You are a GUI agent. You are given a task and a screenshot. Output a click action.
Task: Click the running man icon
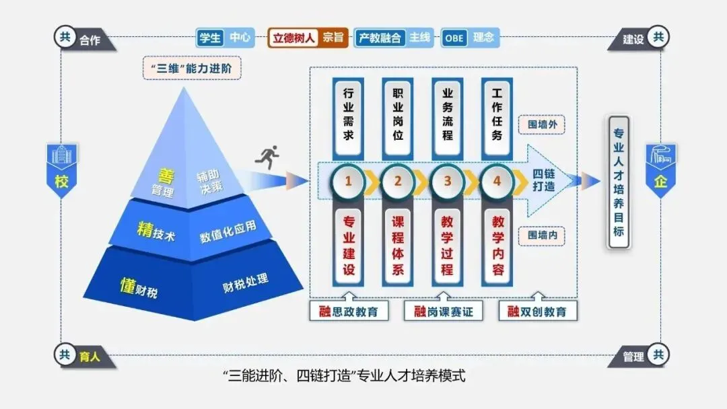coord(267,159)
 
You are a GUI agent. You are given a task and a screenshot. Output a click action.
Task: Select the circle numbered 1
coord(349,181)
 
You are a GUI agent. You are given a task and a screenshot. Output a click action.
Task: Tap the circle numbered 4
coord(497,181)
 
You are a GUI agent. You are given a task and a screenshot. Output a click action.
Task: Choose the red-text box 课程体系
coord(398,245)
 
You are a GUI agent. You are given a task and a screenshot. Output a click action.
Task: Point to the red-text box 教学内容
coord(497,245)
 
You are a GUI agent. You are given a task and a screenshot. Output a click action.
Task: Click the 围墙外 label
coord(541,125)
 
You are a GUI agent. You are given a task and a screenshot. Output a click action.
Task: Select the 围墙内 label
coord(541,236)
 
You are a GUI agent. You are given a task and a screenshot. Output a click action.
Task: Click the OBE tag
coord(454,38)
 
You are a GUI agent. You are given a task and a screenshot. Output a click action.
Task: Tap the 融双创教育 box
coord(537,311)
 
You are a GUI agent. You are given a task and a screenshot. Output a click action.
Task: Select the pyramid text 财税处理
coord(246,284)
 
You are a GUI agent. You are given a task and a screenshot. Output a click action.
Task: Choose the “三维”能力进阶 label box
coord(192,69)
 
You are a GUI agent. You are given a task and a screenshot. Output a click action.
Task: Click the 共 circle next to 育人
coord(65,355)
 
